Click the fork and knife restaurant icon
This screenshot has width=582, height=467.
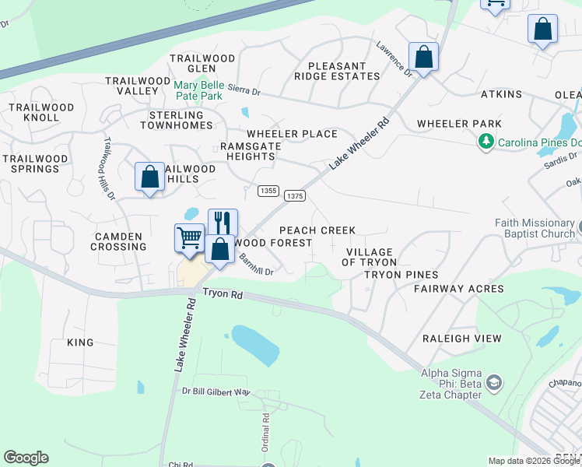click(x=223, y=223)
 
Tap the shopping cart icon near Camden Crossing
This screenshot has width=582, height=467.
click(x=189, y=238)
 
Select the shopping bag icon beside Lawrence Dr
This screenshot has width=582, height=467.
click(x=423, y=57)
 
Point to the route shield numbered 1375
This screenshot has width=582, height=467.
click(x=294, y=196)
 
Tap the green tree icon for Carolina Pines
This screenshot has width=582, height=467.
click(x=486, y=142)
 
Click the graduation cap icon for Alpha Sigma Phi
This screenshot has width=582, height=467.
click(x=494, y=383)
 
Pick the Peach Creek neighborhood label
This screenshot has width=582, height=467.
click(x=317, y=230)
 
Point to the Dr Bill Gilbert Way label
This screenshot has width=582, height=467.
click(x=216, y=392)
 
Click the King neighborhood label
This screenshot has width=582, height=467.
click(x=80, y=342)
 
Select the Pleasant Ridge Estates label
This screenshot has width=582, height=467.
click(x=337, y=72)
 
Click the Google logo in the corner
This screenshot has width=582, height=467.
click(x=26, y=458)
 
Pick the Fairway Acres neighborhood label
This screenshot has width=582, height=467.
click(x=458, y=289)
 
